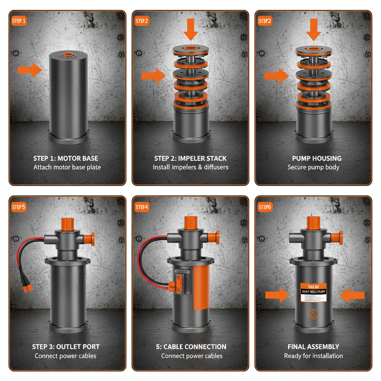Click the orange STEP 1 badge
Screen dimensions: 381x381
click(x=19, y=21)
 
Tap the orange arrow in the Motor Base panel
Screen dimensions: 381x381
click(x=30, y=70)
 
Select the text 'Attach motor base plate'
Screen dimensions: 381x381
click(x=67, y=167)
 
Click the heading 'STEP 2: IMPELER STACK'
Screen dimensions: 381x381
click(x=190, y=159)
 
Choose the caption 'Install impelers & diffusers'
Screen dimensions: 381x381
click(x=190, y=167)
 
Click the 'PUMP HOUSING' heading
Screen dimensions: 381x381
click(x=313, y=159)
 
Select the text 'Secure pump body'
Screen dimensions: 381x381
click(x=313, y=167)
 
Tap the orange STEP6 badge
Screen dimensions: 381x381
click(x=265, y=207)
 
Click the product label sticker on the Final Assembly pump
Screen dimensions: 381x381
click(x=313, y=292)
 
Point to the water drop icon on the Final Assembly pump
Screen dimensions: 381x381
click(x=313, y=314)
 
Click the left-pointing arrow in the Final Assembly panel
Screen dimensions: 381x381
click(x=352, y=295)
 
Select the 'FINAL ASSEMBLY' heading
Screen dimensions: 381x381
click(x=313, y=347)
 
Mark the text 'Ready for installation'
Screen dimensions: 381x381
click(x=313, y=356)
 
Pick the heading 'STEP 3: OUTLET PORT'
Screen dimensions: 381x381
click(x=66, y=347)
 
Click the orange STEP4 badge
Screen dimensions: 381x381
click(x=142, y=207)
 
